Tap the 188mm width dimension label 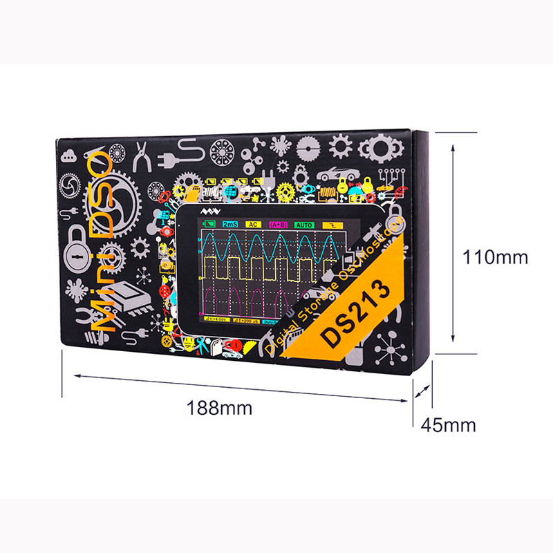pyautogui.click(x=219, y=408)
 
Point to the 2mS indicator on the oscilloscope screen pyautogui.click(x=230, y=224)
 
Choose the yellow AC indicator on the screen pyautogui.click(x=254, y=224)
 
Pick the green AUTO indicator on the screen pyautogui.click(x=304, y=224)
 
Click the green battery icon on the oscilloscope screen pyautogui.click(x=208, y=224)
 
